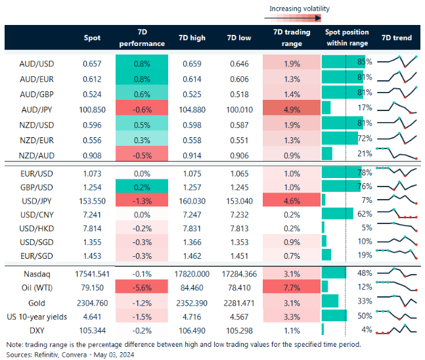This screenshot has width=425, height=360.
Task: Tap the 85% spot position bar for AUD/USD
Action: [x=343, y=62]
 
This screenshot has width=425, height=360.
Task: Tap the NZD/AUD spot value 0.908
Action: [x=93, y=152]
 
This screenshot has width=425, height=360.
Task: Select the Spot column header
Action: [x=93, y=37]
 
